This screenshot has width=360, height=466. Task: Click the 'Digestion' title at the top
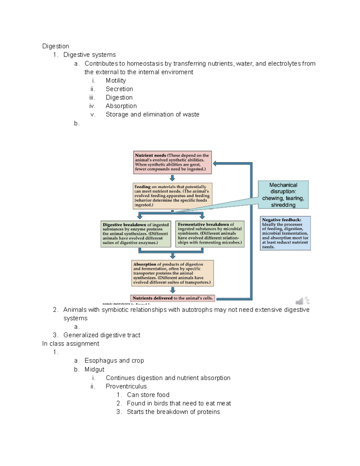pos(55,46)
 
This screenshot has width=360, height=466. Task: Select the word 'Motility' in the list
pos(116,80)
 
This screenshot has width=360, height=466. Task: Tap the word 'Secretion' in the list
pos(119,89)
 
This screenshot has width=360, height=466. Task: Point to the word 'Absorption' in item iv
pos(121,106)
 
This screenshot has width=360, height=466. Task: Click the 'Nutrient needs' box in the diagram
pos(172,162)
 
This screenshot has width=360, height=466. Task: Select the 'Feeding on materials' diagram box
pos(172,196)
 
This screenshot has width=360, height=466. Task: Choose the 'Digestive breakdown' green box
pos(136,234)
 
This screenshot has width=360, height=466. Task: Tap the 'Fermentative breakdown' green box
pos(210,234)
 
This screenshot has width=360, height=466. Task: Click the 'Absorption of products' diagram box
pos(172,273)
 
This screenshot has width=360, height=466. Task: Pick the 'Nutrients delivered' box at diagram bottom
pos(172,298)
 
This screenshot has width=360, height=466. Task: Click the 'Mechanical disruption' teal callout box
pos(283,195)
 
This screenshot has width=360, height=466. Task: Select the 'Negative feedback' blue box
pos(285,233)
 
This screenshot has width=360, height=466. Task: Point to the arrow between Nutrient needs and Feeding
pos(172,178)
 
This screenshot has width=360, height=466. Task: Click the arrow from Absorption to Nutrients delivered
pos(172,290)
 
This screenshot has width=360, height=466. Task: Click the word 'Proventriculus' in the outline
pos(126,386)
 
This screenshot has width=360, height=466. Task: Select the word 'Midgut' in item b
pos(94,369)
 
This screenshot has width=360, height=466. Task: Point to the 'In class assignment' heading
pos(70,344)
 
